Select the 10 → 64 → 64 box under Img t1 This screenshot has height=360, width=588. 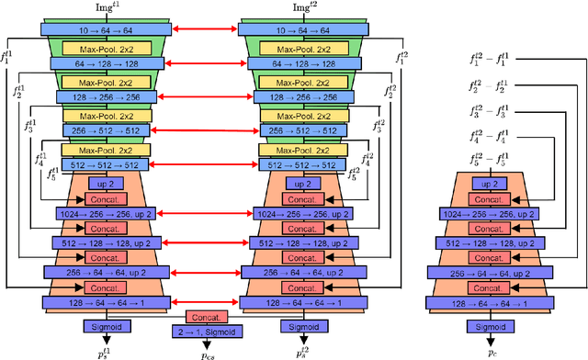coord(97,28)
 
